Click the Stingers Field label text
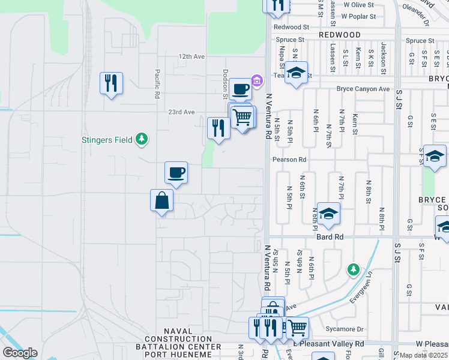click(107, 140)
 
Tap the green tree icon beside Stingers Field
click(142, 139)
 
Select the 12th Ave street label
click(191, 56)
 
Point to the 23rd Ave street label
click(181, 112)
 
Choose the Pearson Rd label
click(289, 160)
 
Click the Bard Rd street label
click(330, 238)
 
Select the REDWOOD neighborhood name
click(340, 35)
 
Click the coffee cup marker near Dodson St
click(240, 89)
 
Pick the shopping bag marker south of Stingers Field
click(162, 200)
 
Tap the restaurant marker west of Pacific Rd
click(111, 83)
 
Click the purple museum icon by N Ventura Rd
click(258, 80)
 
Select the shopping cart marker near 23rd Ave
click(242, 116)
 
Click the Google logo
click(20, 353)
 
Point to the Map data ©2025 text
click(424, 355)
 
